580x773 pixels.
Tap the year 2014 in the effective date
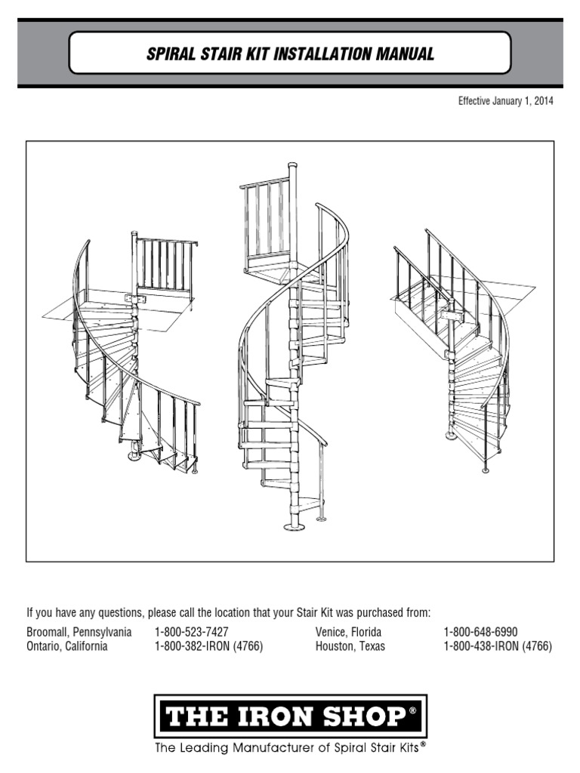coord(541,101)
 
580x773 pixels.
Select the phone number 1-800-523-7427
coord(192,632)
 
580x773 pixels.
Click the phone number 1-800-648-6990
coord(480,632)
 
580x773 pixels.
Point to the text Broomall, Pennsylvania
coord(79,632)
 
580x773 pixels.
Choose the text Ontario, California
coord(67,647)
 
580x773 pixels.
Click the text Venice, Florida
coord(348,632)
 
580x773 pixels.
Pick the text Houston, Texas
coord(350,647)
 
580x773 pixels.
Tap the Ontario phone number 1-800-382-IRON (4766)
coord(208,647)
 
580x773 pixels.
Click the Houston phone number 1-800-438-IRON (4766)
coord(498,647)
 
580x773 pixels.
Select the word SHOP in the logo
coord(362,716)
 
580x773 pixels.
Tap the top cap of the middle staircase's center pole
coord(293,165)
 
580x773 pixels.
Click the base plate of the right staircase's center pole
coord(451,436)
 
